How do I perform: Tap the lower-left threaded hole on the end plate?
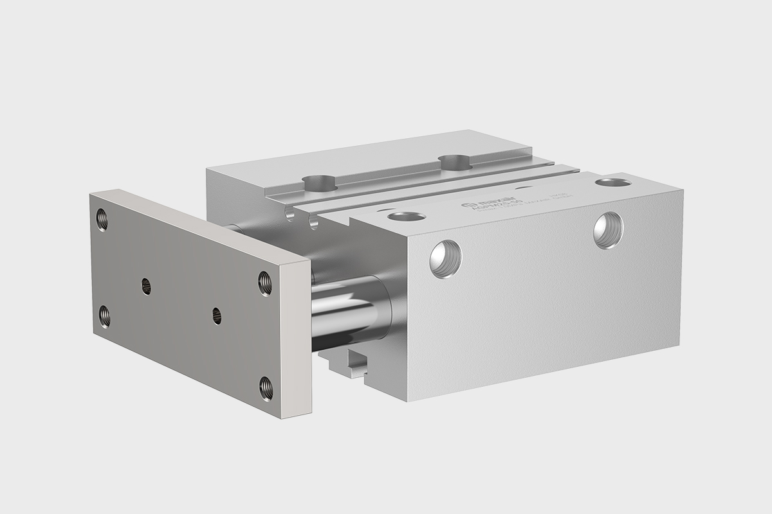tap(104, 316)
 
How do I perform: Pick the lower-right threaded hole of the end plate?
tap(265, 387)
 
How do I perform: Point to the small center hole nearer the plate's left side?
tap(146, 283)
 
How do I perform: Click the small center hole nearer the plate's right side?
tap(216, 315)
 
